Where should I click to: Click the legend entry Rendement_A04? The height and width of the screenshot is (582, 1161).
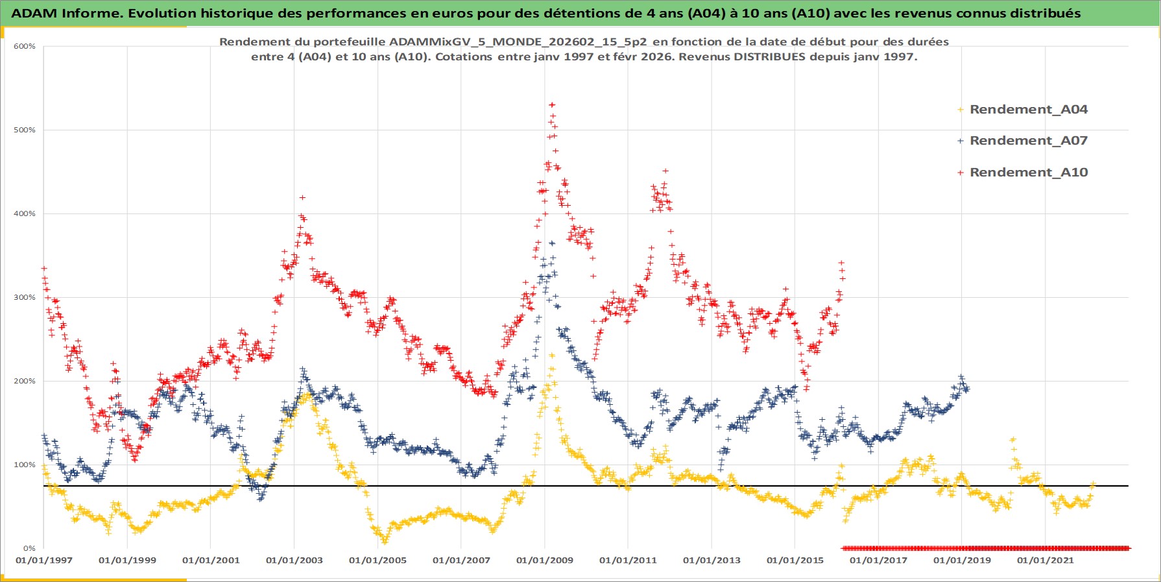(1028, 110)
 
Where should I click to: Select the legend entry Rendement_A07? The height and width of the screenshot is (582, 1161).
(1028, 141)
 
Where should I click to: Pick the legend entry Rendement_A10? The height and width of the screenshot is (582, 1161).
(1028, 173)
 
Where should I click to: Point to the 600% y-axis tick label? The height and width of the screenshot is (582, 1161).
(25, 46)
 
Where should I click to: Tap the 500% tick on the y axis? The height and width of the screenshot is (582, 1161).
(25, 130)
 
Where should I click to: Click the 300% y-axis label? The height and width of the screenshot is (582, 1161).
(25, 297)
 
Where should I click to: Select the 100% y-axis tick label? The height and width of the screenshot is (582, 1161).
(25, 465)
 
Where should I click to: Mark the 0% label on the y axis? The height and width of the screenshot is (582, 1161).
(29, 548)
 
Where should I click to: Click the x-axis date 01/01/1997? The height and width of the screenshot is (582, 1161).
(44, 561)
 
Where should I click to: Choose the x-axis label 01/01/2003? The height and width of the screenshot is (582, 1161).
(294, 561)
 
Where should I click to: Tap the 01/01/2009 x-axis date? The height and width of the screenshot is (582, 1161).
(545, 561)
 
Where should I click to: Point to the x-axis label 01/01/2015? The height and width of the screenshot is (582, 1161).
(795, 561)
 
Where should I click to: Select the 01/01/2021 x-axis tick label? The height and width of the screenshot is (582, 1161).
(1046, 561)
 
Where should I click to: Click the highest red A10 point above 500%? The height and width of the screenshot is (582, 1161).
(552, 104)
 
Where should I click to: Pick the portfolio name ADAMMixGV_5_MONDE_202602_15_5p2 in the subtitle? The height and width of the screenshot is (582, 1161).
(518, 42)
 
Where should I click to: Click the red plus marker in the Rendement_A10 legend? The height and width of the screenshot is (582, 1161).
(961, 173)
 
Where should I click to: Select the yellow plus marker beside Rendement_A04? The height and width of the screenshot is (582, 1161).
(961, 110)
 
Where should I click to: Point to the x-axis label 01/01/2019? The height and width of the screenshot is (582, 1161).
(962, 561)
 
